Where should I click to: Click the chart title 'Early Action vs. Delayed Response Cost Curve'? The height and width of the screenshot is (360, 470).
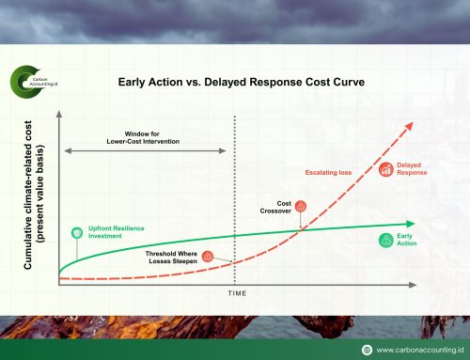click(242, 81)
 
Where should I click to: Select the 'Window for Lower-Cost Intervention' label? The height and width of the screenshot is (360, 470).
click(144, 137)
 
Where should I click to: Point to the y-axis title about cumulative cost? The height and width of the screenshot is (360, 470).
click(35, 195)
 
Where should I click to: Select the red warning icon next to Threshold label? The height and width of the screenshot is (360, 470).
click(208, 255)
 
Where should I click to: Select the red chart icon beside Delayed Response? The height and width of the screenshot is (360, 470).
click(385, 169)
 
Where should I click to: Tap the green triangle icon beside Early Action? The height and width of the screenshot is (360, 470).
click(385, 240)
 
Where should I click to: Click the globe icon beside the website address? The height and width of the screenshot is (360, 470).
click(366, 348)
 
